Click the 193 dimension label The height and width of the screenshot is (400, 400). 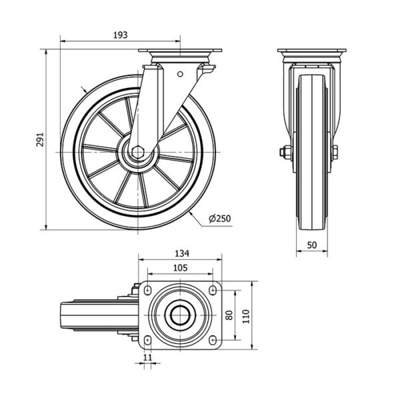[x=120, y=35]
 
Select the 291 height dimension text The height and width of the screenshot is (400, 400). [x=40, y=139]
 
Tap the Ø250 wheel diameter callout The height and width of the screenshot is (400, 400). [x=219, y=219]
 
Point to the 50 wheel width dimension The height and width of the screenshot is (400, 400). [x=312, y=245]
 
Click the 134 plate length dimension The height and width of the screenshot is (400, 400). [x=182, y=253]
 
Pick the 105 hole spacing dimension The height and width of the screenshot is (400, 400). [x=180, y=267]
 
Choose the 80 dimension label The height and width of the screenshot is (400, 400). [x=229, y=315]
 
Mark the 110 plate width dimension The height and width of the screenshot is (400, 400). [x=245, y=316]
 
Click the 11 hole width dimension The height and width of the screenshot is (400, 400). [x=147, y=357]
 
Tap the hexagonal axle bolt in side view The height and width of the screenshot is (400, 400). [x=138, y=153]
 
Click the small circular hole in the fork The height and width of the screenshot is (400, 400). [x=180, y=74]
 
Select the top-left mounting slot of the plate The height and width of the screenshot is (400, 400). [x=148, y=290]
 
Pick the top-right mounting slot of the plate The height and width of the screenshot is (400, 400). [x=213, y=290]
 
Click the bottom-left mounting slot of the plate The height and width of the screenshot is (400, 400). [x=148, y=340]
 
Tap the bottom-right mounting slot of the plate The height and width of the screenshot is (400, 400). [x=213, y=340]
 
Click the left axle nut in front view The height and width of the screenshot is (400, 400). [x=285, y=152]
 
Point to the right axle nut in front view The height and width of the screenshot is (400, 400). [x=335, y=152]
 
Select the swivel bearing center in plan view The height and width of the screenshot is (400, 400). [x=180, y=315]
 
